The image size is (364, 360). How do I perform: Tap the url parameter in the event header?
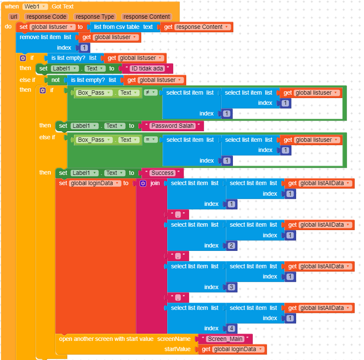[x=14, y=17]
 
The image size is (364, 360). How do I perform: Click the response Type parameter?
[x=95, y=17]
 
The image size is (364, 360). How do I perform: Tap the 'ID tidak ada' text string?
[x=147, y=68]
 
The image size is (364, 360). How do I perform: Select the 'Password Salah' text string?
[x=172, y=126]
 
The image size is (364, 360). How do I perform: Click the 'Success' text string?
[x=162, y=173]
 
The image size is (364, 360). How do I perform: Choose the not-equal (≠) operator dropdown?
[x=151, y=93]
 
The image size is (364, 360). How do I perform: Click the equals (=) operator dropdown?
[x=151, y=140]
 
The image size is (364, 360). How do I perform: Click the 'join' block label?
[x=155, y=183]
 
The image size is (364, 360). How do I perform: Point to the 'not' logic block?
[x=56, y=80]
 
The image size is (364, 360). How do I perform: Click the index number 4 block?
[x=231, y=328]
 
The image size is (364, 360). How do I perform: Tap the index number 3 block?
[x=231, y=287]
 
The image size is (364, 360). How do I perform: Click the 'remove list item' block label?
[x=40, y=37]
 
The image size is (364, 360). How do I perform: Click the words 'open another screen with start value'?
[x=106, y=339]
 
